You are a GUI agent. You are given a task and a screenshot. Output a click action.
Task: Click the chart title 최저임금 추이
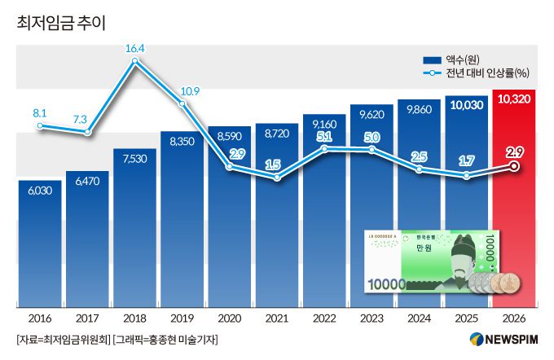coord(61,24)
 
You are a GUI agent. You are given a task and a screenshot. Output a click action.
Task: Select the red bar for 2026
coord(514,204)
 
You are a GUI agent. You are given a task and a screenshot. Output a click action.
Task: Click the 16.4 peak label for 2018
coord(135,49)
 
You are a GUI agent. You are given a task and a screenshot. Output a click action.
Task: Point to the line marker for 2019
coord(182,103)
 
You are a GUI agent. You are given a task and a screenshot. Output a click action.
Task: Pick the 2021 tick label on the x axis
coord(278,318)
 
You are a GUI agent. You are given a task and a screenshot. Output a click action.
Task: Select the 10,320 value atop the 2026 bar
coord(514,99)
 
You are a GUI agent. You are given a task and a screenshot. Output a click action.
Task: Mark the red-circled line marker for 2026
coord(514,166)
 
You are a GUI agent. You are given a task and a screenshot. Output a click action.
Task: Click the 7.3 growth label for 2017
coord(80,119)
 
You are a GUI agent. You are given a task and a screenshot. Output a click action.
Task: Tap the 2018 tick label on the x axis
coord(135,318)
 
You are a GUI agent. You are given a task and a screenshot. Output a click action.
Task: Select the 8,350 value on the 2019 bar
coord(182,141)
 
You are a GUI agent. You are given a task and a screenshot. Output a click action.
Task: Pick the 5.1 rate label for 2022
coord(324,136)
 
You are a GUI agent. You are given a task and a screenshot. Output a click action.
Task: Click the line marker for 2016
coord(41,125)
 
